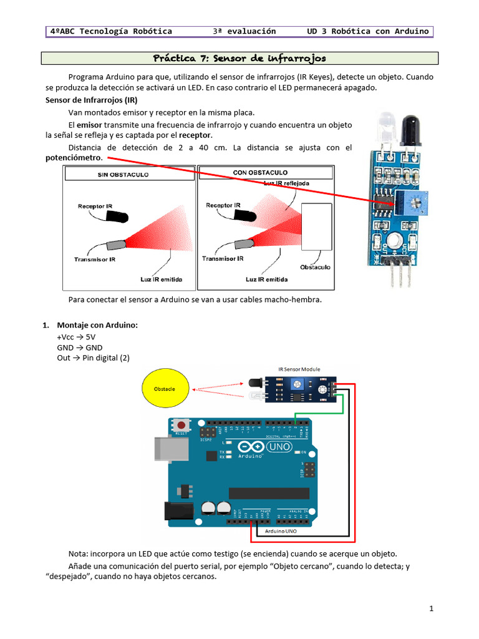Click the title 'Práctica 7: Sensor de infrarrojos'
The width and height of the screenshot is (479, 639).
(239, 58)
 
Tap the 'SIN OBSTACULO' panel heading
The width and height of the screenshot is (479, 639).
(123, 175)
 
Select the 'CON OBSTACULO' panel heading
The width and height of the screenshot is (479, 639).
(260, 172)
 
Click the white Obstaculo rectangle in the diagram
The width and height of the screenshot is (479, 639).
(317, 226)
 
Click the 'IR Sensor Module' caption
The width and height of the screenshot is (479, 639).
(299, 369)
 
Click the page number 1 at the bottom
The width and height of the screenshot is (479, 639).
(430, 608)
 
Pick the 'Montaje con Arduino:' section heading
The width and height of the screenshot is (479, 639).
(97, 325)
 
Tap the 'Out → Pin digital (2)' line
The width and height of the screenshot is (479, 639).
(93, 358)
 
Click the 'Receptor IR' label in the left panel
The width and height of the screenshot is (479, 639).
(95, 205)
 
